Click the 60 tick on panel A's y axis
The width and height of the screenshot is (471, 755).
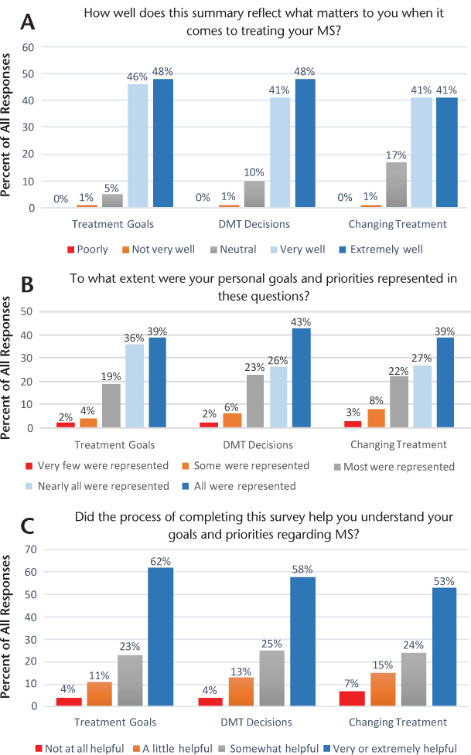tap(29, 47)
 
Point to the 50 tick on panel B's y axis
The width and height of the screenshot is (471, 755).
tap(29, 311)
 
